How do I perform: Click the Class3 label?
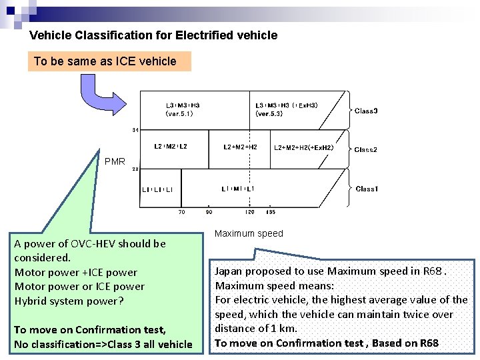pyautogui.click(x=366, y=111)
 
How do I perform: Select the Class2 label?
pyautogui.click(x=366, y=150)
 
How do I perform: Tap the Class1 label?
pyautogui.click(x=367, y=189)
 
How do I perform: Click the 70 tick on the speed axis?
pyautogui.click(x=181, y=212)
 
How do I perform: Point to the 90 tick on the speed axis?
pyautogui.click(x=209, y=212)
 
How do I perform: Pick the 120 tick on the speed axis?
pyautogui.click(x=249, y=212)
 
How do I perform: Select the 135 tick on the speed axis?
pyautogui.click(x=271, y=212)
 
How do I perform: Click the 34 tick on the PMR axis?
pyautogui.click(x=135, y=129)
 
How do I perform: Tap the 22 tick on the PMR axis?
pyautogui.click(x=135, y=169)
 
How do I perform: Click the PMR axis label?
pyautogui.click(x=115, y=161)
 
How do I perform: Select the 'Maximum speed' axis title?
pyautogui.click(x=249, y=233)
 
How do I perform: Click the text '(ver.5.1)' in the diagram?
pyautogui.click(x=179, y=114)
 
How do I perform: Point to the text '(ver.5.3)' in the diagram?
pyautogui.click(x=269, y=114)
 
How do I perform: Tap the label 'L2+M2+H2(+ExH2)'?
pyautogui.click(x=304, y=147)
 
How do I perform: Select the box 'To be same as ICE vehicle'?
pyautogui.click(x=109, y=61)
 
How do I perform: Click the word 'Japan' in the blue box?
pyautogui.click(x=228, y=271)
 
